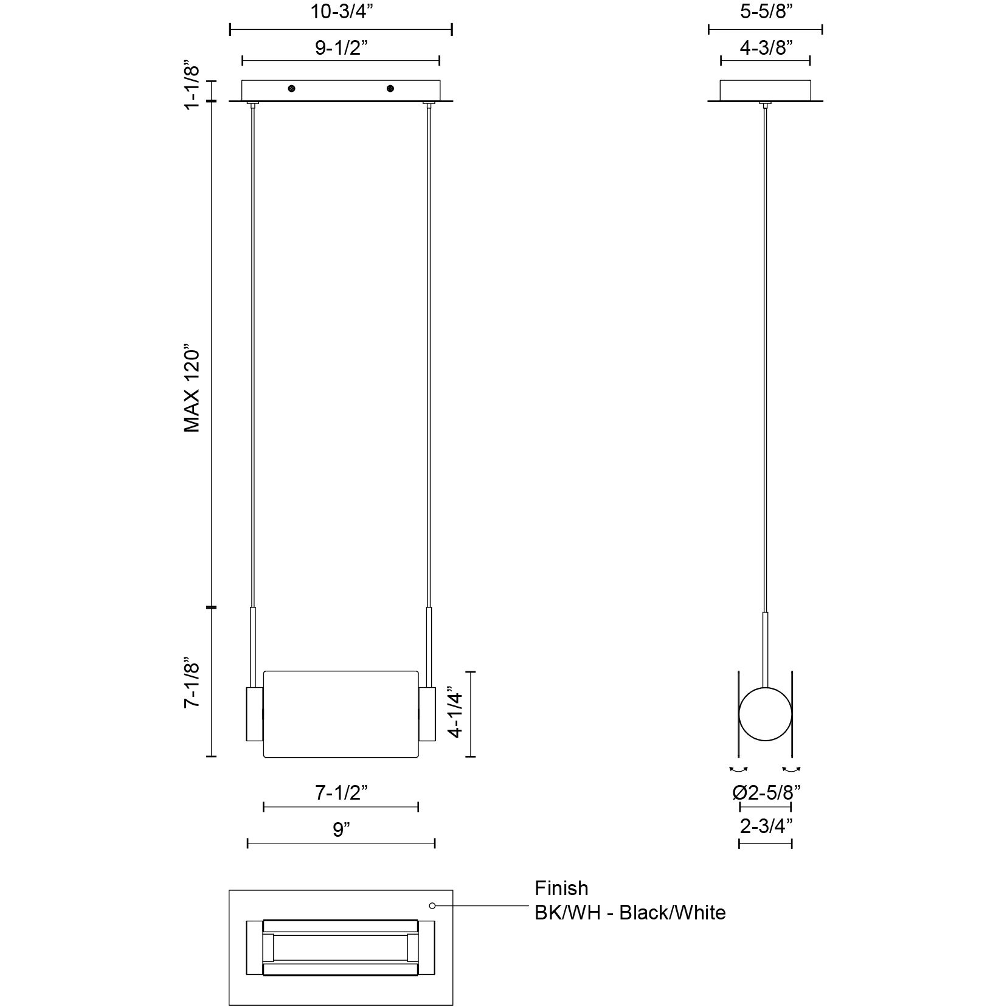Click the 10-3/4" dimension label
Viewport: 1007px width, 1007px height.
(340, 12)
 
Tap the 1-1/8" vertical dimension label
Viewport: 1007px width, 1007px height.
(192, 85)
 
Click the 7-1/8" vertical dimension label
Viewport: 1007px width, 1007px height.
(192, 682)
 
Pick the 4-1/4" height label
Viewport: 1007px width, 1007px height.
(455, 713)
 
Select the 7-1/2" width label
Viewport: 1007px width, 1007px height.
(341, 792)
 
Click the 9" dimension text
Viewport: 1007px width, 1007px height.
(341, 829)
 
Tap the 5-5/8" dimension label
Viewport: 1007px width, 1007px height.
(765, 12)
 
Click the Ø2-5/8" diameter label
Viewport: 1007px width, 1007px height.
(766, 792)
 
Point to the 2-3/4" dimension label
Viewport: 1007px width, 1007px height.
(766, 826)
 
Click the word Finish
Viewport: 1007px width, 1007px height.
(561, 888)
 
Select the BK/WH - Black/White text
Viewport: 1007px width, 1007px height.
(630, 912)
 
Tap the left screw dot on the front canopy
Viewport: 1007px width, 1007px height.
(292, 89)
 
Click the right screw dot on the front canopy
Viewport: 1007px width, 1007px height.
(390, 89)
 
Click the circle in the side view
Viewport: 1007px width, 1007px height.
(765, 714)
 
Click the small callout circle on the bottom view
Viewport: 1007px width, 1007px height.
(432, 905)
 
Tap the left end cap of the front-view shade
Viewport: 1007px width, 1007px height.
(254, 714)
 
